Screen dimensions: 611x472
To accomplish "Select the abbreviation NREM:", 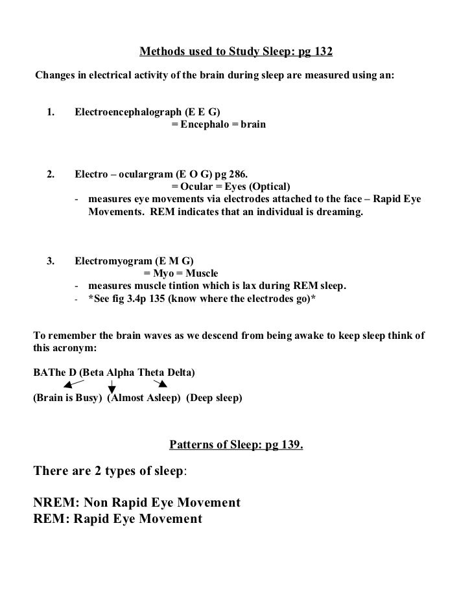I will tap(54, 503).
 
